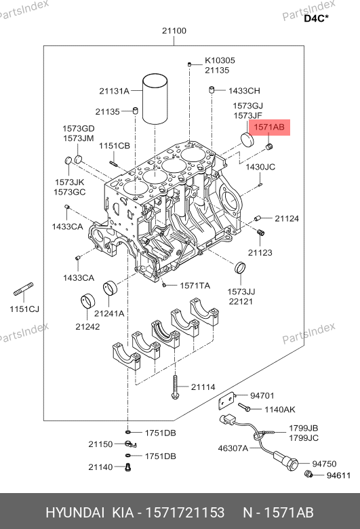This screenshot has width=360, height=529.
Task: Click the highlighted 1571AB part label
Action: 269,128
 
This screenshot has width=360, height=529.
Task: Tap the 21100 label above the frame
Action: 174,31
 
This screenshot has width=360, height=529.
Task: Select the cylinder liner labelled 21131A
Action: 155,98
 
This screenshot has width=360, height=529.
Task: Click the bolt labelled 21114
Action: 175,387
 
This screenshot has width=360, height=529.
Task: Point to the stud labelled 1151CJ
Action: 23,289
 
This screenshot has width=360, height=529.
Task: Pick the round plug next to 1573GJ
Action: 247,140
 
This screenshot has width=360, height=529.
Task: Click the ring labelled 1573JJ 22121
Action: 240,268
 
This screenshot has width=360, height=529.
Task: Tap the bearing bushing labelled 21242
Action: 87,301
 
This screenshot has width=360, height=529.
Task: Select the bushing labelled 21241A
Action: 111,288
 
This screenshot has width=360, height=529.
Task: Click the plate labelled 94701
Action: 226,401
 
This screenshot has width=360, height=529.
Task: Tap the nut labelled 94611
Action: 308,474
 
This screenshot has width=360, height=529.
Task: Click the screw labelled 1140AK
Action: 244,407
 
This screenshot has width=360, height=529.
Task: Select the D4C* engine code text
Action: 316,18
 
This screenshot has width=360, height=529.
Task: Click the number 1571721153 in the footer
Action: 185,513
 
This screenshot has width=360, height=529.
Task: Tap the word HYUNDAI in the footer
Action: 75,513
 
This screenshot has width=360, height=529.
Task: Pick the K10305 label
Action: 220,60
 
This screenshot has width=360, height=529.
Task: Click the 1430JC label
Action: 260,167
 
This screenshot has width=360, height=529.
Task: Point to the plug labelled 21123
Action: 260,233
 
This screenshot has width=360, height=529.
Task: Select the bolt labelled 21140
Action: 127,467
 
